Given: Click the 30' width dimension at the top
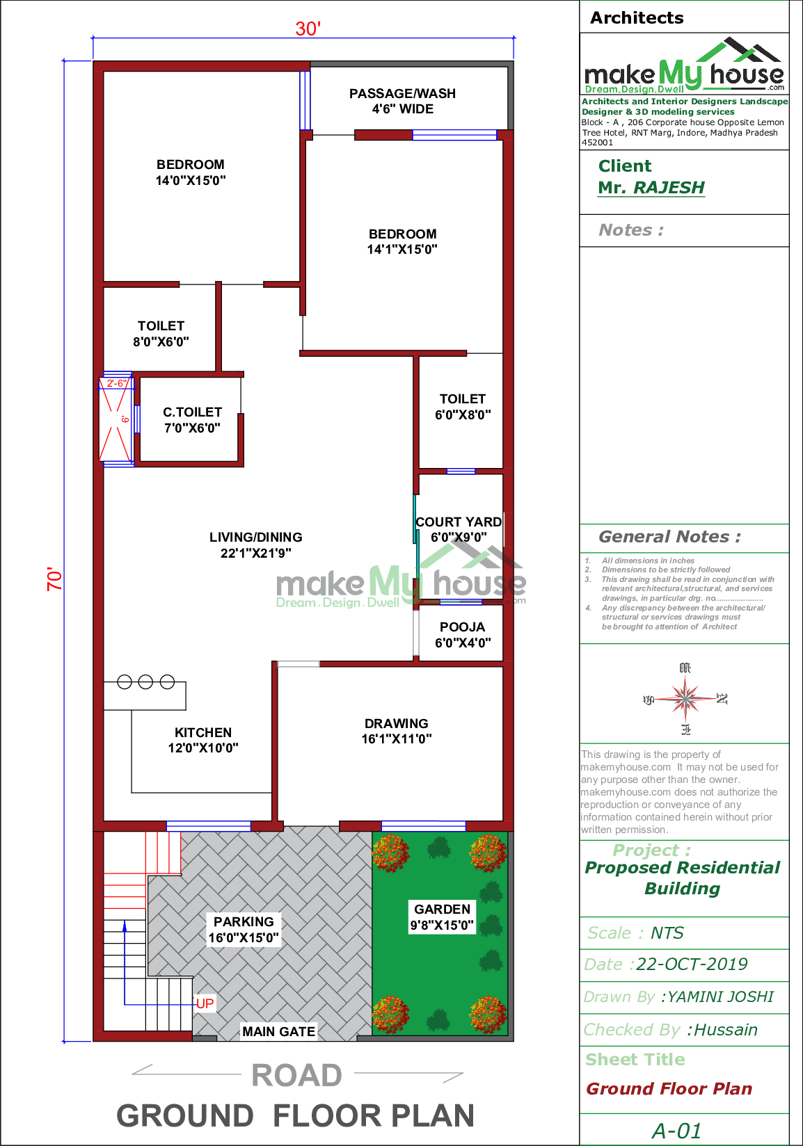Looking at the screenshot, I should pos(308,29).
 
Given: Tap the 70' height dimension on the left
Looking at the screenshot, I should pos(54,579).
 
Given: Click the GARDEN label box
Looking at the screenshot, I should pos(442,917).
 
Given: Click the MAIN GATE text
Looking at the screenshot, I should pos(278,1031).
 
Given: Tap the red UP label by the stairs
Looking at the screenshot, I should pos(205,1003).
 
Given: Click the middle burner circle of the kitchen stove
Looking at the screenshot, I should pos(145,682).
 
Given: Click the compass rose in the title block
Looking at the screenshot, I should pos(685,698).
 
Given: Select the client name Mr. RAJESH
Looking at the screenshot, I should pos(651,188).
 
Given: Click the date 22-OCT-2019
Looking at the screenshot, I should pos(692,965).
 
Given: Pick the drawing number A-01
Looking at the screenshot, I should pos(676,1131).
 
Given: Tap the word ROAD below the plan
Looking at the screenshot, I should pos(297,1075).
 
